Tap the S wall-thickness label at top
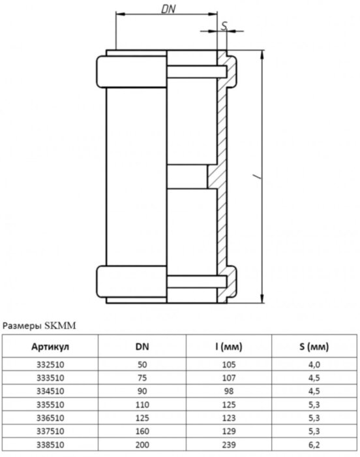click(224, 25)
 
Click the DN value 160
click(142, 432)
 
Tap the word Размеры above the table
click(23, 324)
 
